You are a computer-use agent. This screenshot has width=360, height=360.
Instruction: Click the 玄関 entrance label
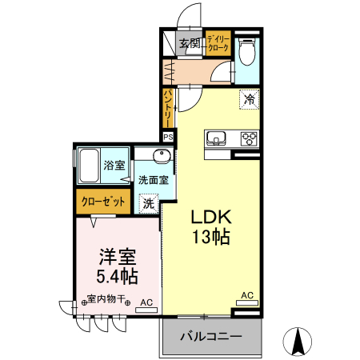click(x=190, y=44)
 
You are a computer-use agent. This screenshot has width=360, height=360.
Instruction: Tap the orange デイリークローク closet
click(x=218, y=44)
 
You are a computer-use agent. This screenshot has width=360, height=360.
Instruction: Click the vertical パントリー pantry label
click(x=168, y=108)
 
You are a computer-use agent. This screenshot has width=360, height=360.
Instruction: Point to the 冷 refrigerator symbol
click(x=250, y=100)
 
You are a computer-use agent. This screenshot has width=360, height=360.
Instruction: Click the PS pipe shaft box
click(x=168, y=137)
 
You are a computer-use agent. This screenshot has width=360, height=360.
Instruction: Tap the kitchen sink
click(x=216, y=138)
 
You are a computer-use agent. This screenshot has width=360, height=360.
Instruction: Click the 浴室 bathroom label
click(x=114, y=166)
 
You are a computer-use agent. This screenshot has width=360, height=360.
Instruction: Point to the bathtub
click(x=88, y=166)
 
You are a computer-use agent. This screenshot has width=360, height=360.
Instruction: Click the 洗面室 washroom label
click(x=152, y=180)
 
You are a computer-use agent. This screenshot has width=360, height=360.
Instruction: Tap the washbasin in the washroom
click(x=146, y=156)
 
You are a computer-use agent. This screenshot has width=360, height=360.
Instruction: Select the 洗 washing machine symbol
click(x=148, y=204)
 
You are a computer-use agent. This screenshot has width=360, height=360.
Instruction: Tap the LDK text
click(x=211, y=217)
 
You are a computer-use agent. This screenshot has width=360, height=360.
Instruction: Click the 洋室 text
click(x=118, y=258)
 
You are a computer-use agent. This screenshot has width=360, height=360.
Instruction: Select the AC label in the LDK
click(x=247, y=296)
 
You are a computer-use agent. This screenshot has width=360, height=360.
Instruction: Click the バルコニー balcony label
click(x=210, y=336)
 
